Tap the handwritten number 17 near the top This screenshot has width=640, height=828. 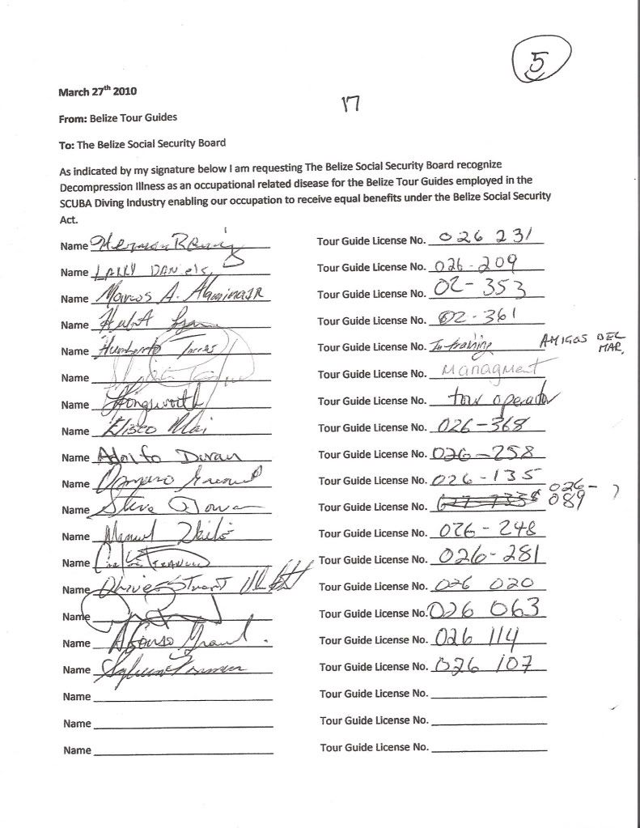point(350,103)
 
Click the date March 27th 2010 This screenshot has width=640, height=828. point(91,91)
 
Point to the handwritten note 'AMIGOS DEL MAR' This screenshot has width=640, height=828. point(579,342)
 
